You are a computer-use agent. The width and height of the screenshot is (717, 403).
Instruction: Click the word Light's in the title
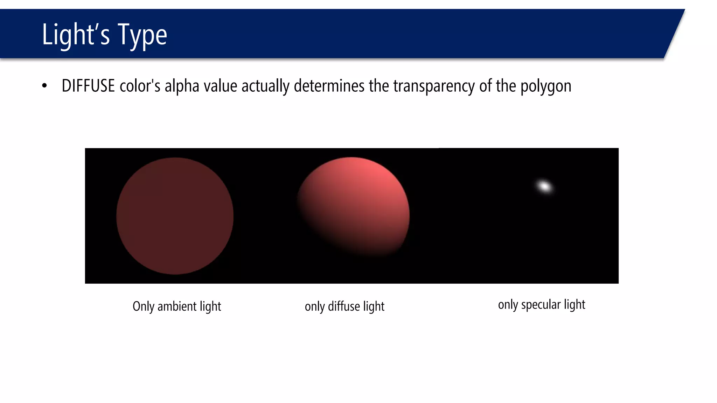pyautogui.click(x=76, y=34)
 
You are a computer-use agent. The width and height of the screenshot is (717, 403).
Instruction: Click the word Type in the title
pyautogui.click(x=142, y=35)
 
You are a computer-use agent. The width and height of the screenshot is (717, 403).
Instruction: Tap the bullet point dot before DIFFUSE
pyautogui.click(x=44, y=86)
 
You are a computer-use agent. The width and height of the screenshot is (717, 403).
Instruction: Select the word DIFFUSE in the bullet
pyautogui.click(x=88, y=86)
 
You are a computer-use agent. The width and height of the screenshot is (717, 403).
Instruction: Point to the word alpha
pyautogui.click(x=182, y=86)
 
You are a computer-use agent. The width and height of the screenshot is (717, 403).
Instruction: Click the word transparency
pyautogui.click(x=434, y=86)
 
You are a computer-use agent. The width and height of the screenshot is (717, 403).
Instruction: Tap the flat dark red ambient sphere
pyautogui.click(x=175, y=216)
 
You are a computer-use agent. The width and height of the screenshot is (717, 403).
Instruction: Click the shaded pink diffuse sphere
pyautogui.click(x=354, y=206)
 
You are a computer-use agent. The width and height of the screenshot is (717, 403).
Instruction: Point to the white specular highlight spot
pyautogui.click(x=544, y=186)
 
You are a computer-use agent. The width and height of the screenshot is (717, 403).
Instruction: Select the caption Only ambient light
pyautogui.click(x=177, y=306)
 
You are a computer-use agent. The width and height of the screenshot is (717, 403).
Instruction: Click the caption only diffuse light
pyautogui.click(x=344, y=306)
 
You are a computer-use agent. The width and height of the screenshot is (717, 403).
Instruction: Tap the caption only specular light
pyautogui.click(x=542, y=305)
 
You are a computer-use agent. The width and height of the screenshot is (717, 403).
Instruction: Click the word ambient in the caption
pyautogui.click(x=177, y=306)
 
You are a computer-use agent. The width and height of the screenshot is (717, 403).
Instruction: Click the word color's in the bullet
pyautogui.click(x=140, y=86)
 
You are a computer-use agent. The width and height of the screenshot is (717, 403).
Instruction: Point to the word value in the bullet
pyautogui.click(x=220, y=86)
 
